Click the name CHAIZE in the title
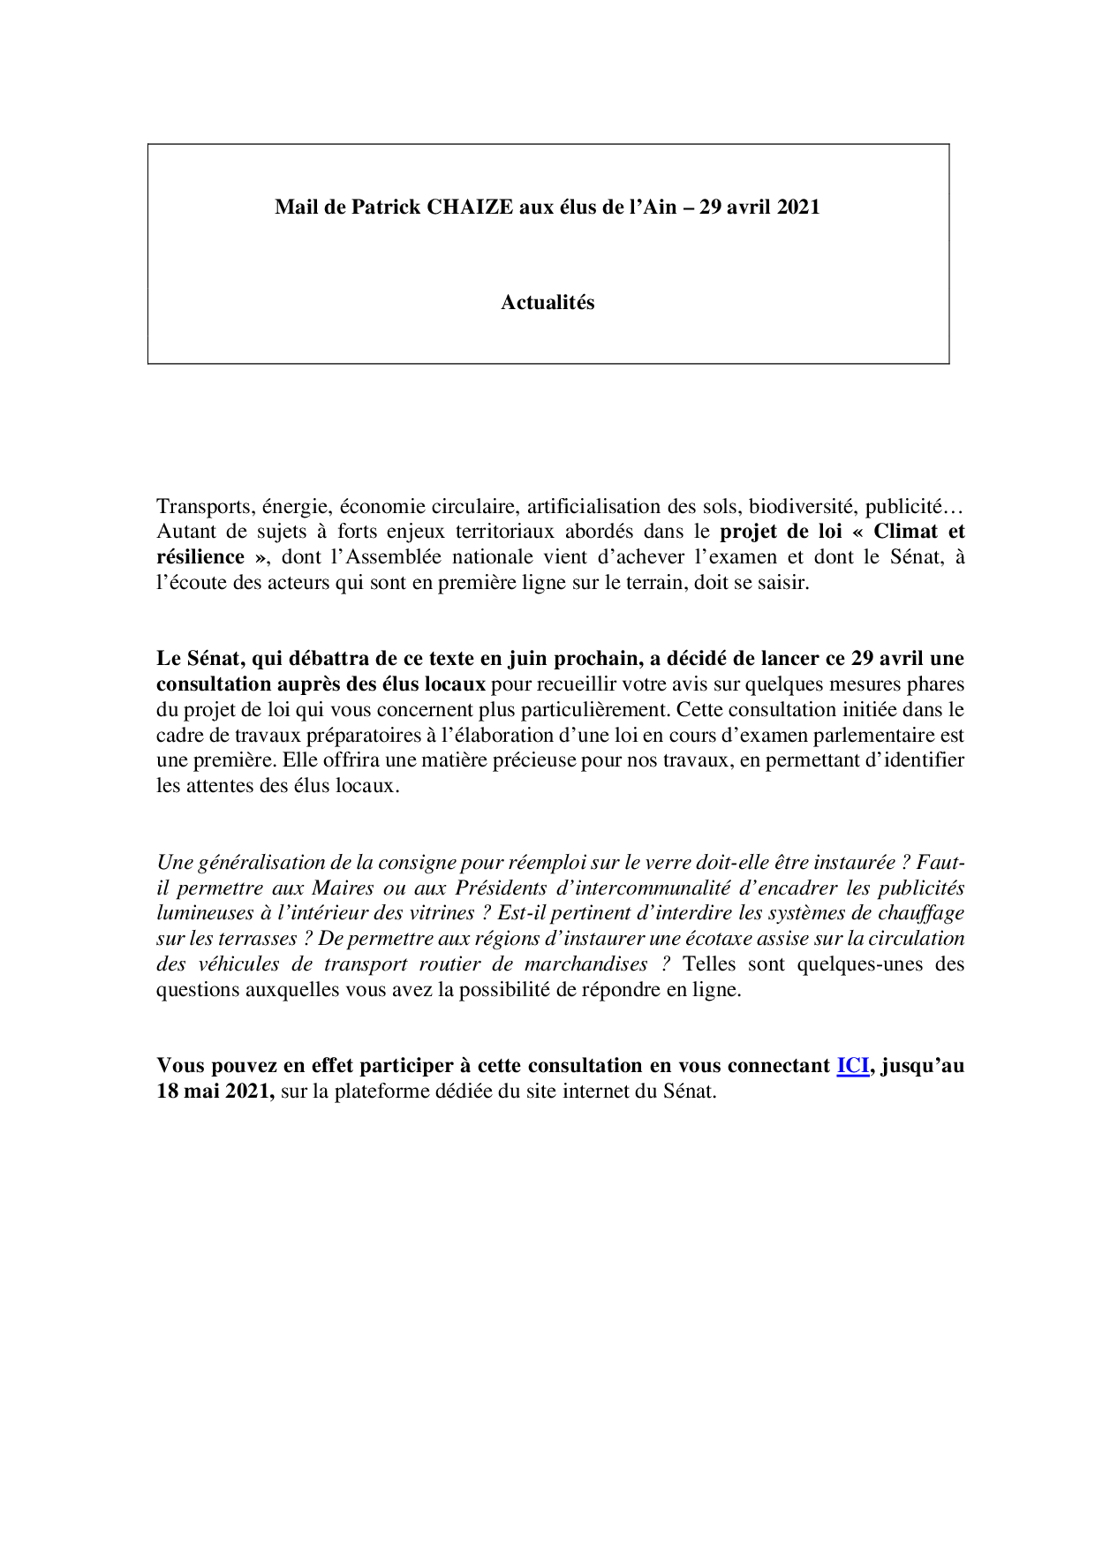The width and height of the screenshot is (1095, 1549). pos(470,207)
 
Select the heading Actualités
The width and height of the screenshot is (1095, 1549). pos(547,302)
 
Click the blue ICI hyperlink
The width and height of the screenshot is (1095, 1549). pos(852,1065)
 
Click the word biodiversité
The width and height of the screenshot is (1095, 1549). pos(801,506)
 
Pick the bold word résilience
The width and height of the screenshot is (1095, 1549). pos(200,557)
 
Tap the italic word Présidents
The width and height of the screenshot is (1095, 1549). pos(499,888)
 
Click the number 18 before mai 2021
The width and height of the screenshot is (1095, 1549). pos(167,1092)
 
